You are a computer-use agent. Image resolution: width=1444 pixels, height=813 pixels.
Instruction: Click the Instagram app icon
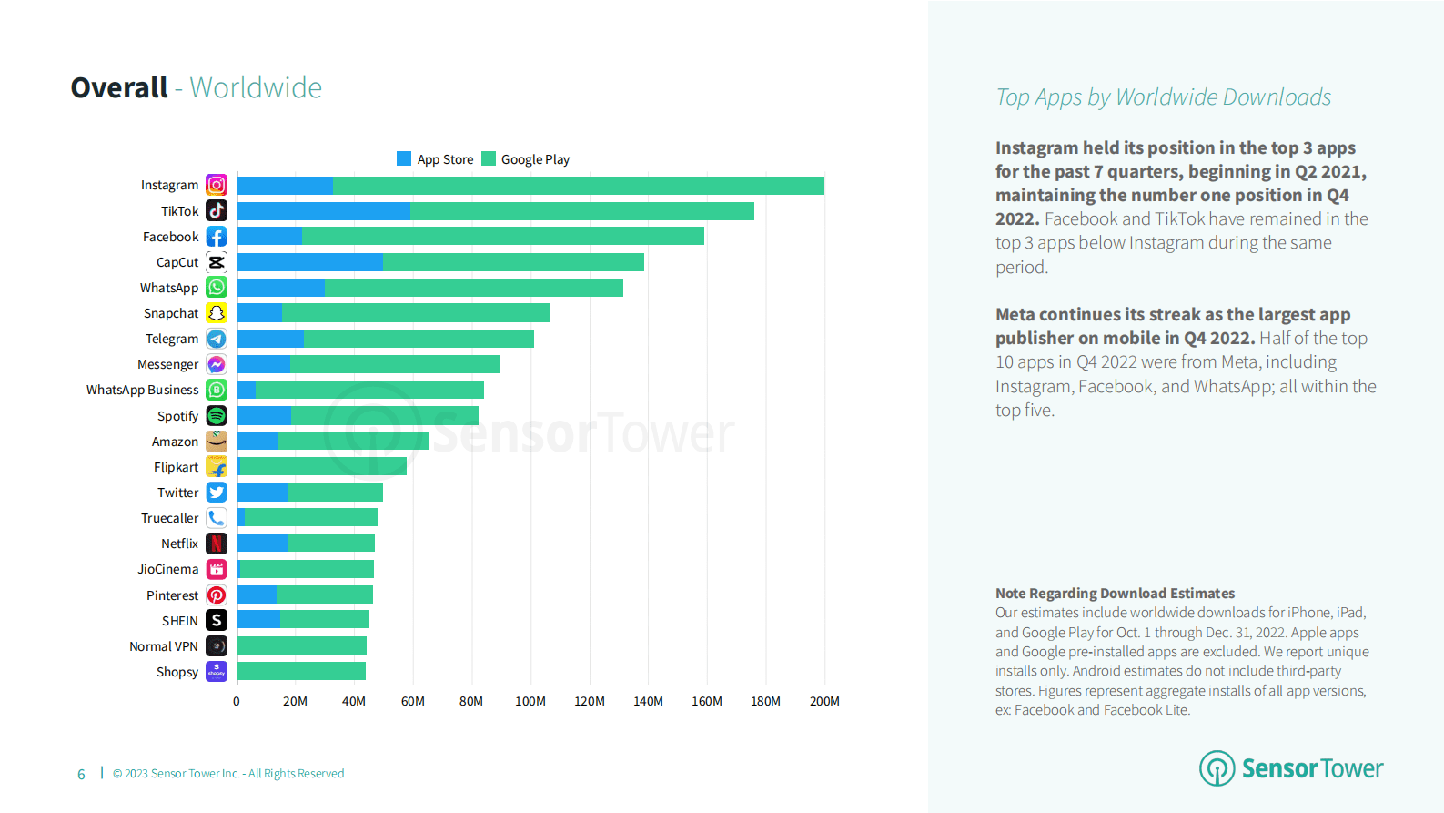click(x=217, y=185)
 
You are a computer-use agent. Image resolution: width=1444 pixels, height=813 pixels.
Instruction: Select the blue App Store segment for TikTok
click(x=324, y=211)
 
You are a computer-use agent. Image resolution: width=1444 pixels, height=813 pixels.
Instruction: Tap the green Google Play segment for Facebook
click(x=502, y=237)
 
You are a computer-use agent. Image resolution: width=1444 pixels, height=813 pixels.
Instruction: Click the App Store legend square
click(x=404, y=158)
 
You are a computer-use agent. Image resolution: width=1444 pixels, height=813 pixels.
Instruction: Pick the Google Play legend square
click(x=489, y=158)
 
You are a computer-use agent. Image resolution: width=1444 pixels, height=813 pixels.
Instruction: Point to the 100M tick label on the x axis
click(x=530, y=701)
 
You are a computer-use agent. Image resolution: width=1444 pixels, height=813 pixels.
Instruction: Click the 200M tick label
click(x=824, y=701)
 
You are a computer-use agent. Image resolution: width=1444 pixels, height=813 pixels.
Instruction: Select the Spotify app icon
click(x=217, y=416)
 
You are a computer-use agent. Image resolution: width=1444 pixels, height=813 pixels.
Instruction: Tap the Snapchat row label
click(x=171, y=313)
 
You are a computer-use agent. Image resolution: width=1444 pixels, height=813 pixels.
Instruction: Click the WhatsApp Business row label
click(x=142, y=390)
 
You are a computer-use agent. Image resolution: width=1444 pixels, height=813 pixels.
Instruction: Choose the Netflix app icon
click(x=217, y=544)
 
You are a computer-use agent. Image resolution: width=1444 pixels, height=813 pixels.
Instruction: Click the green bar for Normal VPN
click(x=302, y=646)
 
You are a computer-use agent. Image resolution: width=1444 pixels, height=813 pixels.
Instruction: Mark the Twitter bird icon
click(x=217, y=493)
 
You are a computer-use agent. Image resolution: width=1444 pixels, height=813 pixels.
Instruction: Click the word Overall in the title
click(x=119, y=87)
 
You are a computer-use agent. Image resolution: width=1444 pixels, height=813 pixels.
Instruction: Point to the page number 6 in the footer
click(x=81, y=774)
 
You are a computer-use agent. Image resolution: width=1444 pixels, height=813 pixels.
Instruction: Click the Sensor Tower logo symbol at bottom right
click(x=1217, y=768)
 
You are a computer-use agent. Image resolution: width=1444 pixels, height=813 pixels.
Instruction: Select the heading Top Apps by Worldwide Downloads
click(x=1163, y=97)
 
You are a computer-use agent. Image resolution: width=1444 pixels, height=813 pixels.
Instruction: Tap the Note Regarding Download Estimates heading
click(x=1115, y=593)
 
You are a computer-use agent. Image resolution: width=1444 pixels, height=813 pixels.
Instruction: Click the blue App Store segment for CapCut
click(x=310, y=262)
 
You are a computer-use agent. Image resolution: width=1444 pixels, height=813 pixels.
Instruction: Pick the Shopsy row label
click(x=177, y=672)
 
